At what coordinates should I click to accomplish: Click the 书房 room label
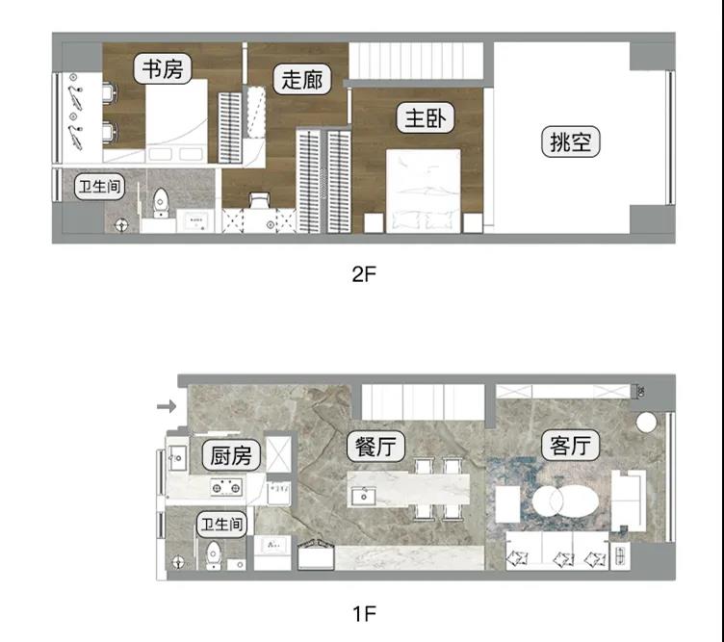click(163, 68)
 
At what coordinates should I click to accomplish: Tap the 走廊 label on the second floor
click(302, 79)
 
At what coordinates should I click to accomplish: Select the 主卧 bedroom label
click(426, 117)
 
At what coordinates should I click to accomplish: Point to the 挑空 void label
click(571, 141)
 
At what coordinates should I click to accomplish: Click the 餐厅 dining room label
click(375, 447)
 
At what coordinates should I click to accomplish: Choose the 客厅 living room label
click(570, 446)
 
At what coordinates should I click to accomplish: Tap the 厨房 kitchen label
click(231, 455)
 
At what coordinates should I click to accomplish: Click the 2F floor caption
click(364, 274)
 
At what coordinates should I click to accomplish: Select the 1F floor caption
click(364, 614)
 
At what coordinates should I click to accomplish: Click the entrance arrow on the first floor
click(167, 406)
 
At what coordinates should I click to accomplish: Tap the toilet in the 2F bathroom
click(160, 202)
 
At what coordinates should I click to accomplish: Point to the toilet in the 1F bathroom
click(213, 555)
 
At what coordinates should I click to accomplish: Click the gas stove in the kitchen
click(226, 487)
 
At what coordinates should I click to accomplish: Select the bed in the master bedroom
click(424, 191)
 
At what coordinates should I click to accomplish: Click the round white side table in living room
click(646, 422)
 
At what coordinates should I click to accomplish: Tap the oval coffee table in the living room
click(565, 501)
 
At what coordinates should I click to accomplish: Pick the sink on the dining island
click(363, 496)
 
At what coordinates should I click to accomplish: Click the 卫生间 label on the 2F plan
click(100, 187)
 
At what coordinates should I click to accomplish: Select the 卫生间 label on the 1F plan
click(221, 525)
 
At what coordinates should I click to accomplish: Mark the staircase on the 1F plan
click(423, 402)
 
